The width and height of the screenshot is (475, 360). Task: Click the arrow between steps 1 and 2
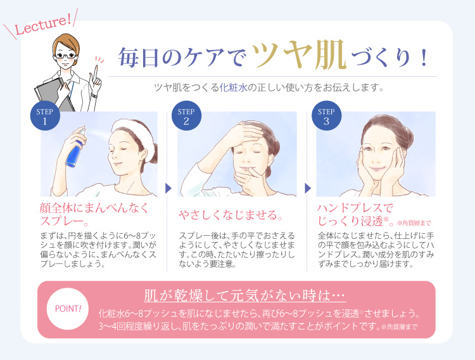click(168, 188)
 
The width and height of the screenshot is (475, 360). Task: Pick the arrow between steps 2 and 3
click(308, 188)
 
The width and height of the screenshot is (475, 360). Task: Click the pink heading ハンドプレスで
click(355, 208)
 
